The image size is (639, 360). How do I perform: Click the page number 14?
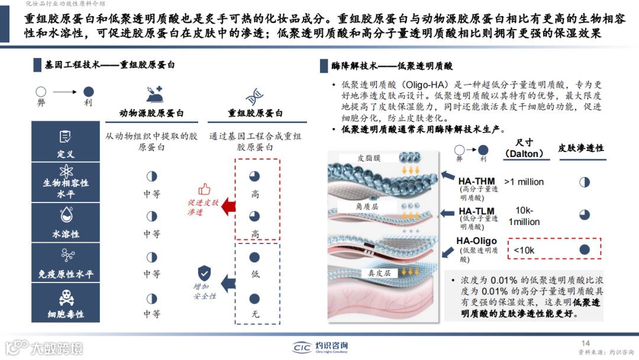[x=586, y=343]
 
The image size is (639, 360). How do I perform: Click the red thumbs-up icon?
[x=205, y=189]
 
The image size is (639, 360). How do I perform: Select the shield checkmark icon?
[x=205, y=273]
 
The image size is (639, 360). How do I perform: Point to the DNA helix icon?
[x=255, y=94]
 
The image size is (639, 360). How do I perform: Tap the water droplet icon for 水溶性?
[x=65, y=216]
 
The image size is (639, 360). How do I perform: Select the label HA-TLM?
[x=476, y=211]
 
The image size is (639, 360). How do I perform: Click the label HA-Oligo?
[x=476, y=241]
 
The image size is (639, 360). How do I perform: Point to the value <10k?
[x=524, y=250]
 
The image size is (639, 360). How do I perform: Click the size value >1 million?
[x=524, y=182]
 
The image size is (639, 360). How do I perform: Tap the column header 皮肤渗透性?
[x=581, y=148]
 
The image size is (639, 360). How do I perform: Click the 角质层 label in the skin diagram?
[x=367, y=206]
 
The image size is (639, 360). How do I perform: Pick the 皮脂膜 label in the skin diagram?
[x=369, y=158]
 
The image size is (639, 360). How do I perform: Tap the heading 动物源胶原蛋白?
[x=151, y=113]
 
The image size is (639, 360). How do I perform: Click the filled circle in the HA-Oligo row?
[x=585, y=249]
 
